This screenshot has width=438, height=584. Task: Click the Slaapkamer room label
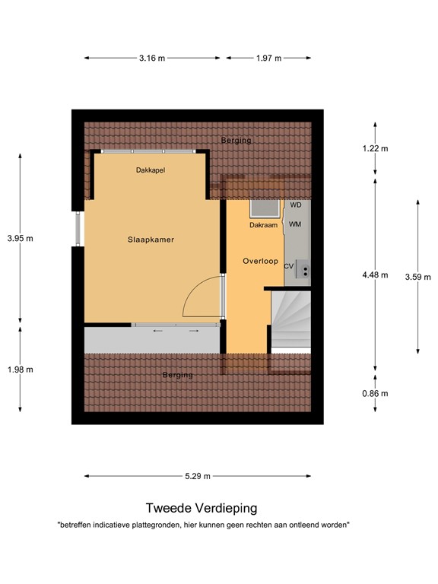coord(151,240)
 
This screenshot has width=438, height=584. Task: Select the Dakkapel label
coord(151,170)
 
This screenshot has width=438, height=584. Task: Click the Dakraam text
coord(262,225)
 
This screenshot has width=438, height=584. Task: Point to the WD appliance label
coord(296,205)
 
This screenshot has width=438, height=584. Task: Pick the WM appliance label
coord(296,224)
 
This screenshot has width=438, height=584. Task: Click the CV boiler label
coord(289,266)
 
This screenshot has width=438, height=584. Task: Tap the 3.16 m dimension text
coord(152,58)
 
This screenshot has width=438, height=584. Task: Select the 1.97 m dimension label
coord(268,58)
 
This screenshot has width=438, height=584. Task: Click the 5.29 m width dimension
coord(197,476)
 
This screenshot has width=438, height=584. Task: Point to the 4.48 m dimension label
coord(375,275)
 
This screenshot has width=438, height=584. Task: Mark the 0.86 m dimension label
coord(375,393)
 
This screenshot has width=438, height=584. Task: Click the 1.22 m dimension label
coord(375,149)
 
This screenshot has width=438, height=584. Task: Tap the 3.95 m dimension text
coord(20,239)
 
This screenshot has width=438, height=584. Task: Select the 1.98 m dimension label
coord(20,370)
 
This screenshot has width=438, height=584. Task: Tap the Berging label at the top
coord(236,141)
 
